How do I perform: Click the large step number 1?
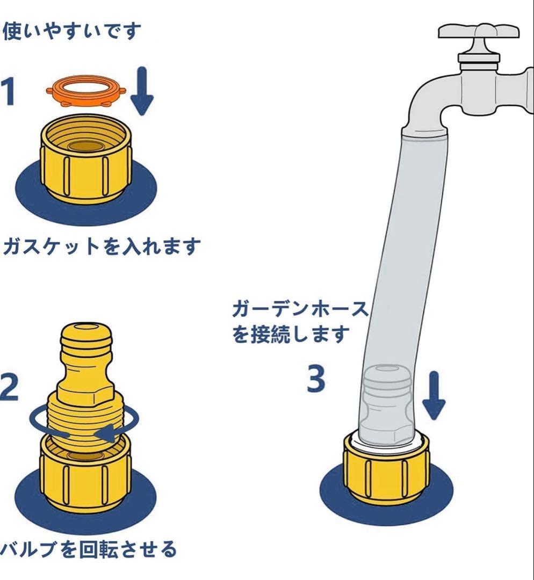(x=8, y=91)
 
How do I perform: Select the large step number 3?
(x=316, y=379)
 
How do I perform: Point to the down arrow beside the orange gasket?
(x=142, y=91)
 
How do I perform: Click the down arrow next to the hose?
(x=434, y=396)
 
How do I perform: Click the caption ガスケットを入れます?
(x=102, y=246)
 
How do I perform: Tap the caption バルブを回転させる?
(x=88, y=549)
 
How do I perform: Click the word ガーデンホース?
(x=300, y=309)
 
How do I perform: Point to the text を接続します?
(x=291, y=334)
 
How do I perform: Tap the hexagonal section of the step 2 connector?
(x=85, y=393)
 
